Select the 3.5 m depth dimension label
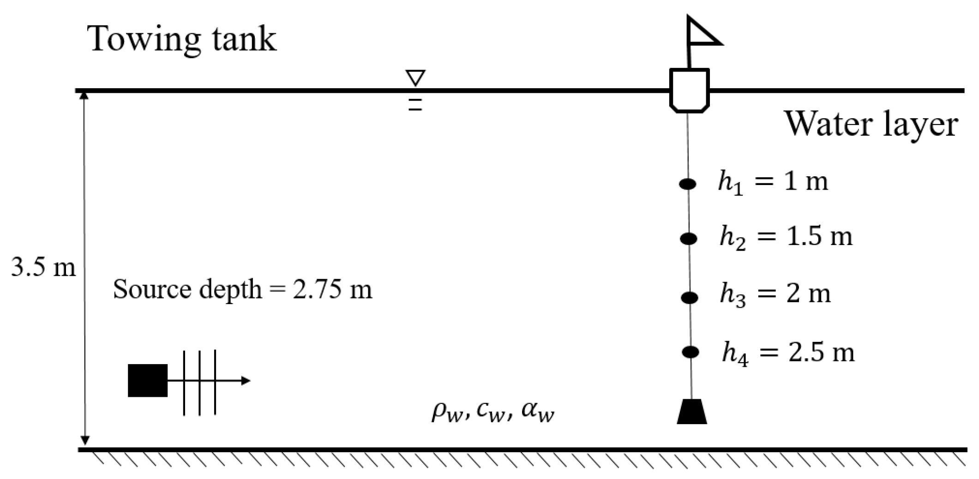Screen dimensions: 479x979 (43, 267)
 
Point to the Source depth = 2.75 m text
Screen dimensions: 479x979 (242, 290)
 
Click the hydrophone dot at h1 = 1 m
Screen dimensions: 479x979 (688, 184)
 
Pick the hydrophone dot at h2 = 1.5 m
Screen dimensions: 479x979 (689, 239)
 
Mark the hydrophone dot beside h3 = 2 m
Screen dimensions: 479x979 (690, 298)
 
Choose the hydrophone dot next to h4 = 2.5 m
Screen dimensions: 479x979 (691, 352)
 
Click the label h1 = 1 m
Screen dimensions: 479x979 (773, 182)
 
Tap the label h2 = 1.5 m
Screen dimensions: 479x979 (786, 237)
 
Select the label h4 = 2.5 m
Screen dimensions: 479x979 (788, 353)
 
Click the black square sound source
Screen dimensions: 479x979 (148, 381)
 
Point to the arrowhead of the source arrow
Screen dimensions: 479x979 (246, 381)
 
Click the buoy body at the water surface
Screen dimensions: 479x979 (689, 90)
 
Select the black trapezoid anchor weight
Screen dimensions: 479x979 (691, 412)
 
